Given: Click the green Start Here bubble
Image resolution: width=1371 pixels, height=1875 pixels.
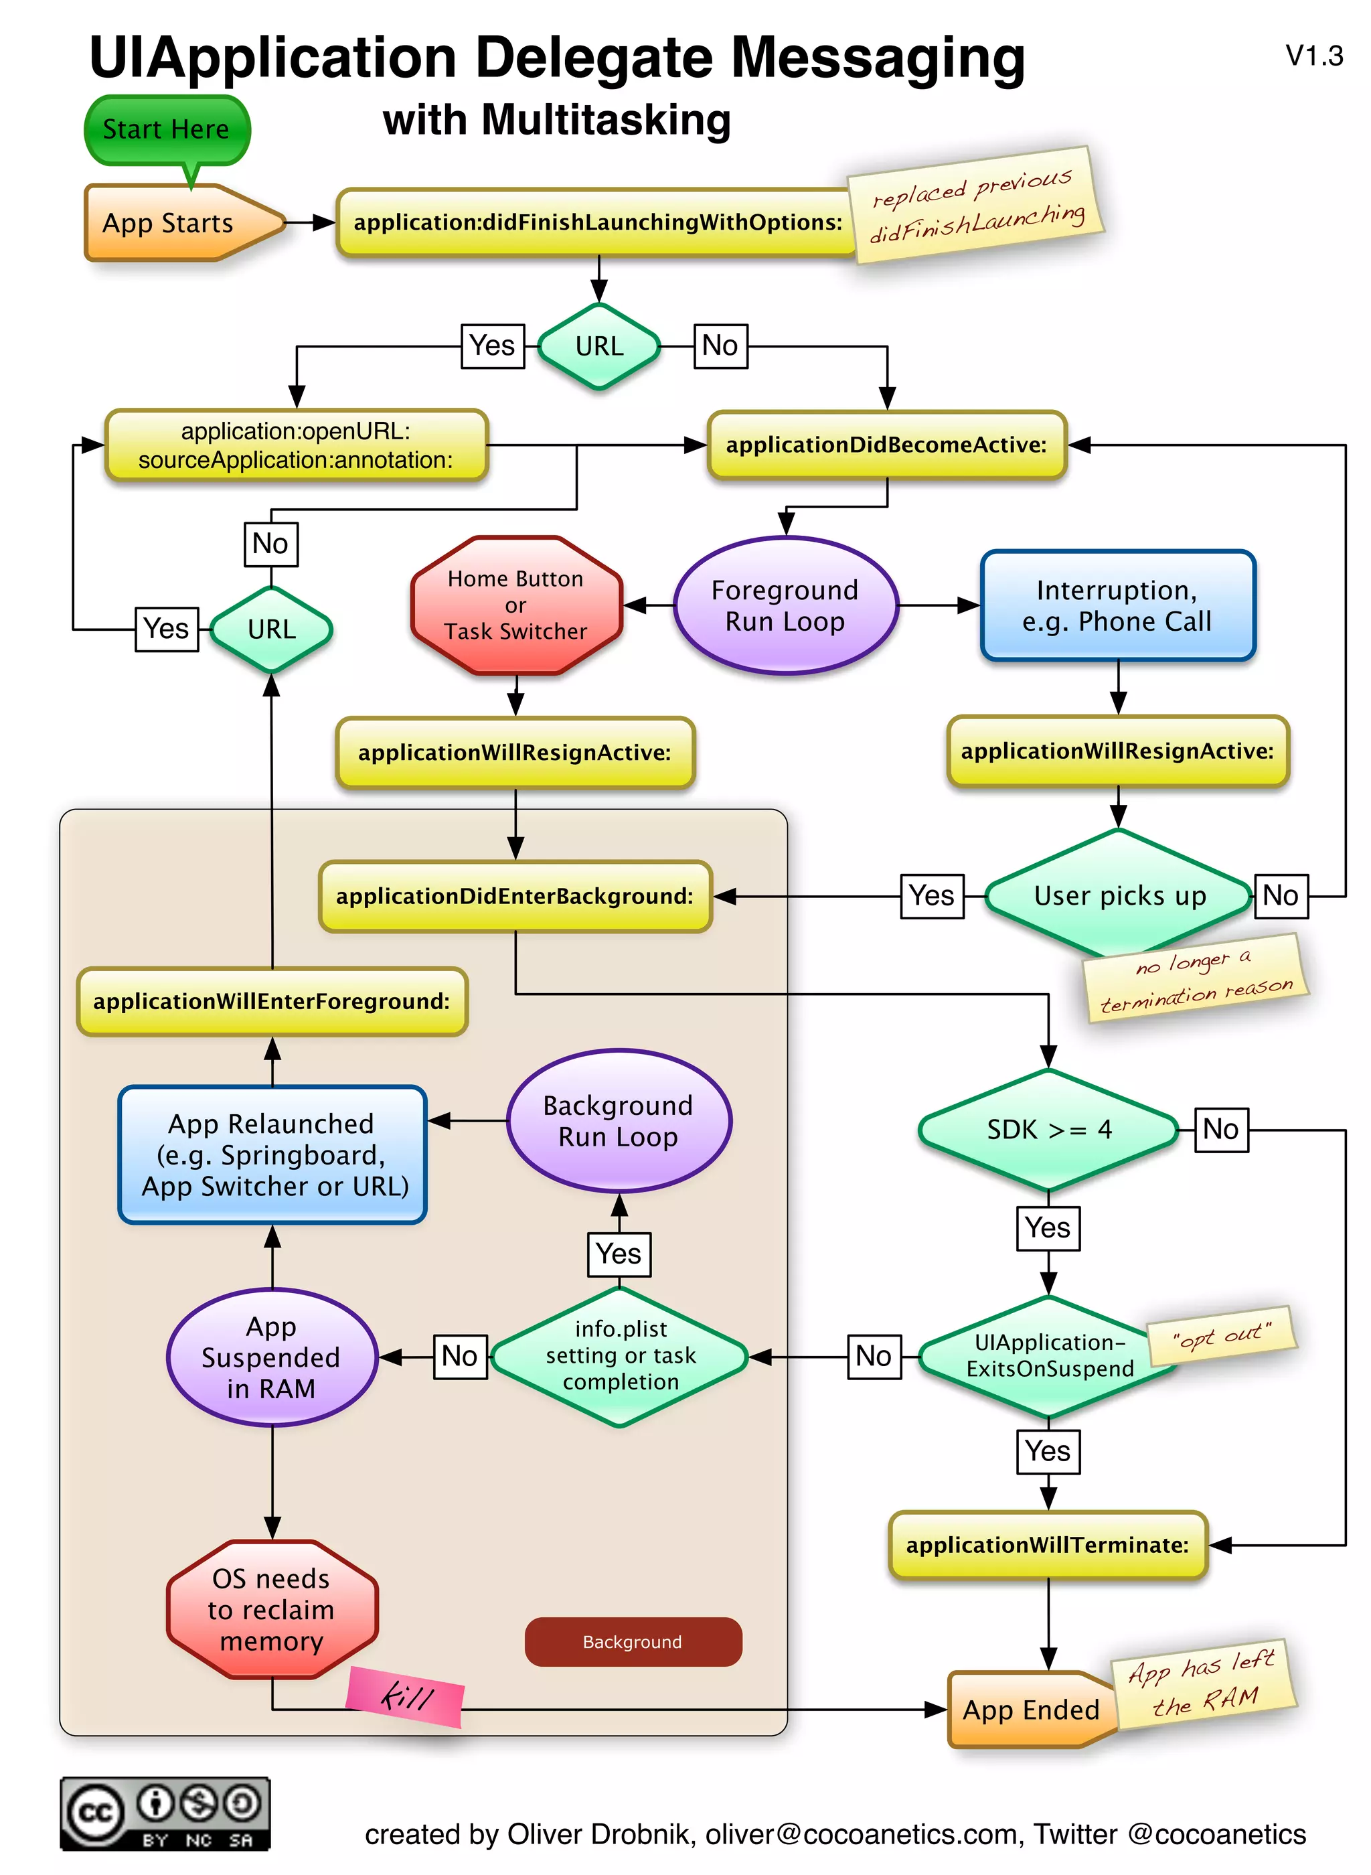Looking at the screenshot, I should pyautogui.click(x=166, y=129).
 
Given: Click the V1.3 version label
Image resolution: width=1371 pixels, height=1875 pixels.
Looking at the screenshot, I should pyautogui.click(x=1313, y=56).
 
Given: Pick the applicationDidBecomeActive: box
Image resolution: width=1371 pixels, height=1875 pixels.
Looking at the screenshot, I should pyautogui.click(x=886, y=445).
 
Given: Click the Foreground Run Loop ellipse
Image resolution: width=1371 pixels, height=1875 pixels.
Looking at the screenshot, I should pyautogui.click(x=785, y=606).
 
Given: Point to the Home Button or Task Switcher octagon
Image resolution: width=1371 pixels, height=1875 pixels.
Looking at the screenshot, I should pyautogui.click(x=515, y=605).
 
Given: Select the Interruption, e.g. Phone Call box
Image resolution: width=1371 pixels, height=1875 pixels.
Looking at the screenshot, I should pyautogui.click(x=1117, y=606).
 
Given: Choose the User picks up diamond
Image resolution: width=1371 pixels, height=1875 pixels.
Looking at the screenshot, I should pyautogui.click(x=1119, y=895).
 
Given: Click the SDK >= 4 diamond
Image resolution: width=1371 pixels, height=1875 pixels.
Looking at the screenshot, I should pyautogui.click(x=1048, y=1130).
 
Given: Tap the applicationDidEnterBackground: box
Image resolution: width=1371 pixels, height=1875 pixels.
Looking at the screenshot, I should pyautogui.click(x=515, y=897).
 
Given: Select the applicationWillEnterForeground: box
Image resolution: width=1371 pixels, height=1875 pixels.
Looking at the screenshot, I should pyautogui.click(x=271, y=1001).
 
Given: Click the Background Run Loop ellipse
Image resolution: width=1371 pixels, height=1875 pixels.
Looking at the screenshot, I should pyautogui.click(x=619, y=1122).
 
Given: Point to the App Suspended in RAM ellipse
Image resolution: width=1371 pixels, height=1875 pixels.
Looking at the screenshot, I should pyautogui.click(x=271, y=1357).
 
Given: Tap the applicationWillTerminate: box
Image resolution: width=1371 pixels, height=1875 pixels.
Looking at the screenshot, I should pyautogui.click(x=1048, y=1545).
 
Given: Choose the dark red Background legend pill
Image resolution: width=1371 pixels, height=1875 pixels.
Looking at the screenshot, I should pyautogui.click(x=633, y=1642).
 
